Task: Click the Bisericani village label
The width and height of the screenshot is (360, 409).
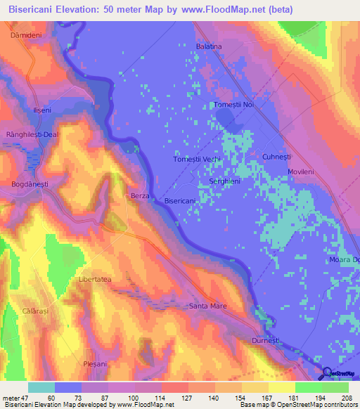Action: [179, 201]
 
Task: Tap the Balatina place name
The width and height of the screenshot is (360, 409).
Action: [209, 46]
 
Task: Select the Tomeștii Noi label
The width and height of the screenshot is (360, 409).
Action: [233, 105]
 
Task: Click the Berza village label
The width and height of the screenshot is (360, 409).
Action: [140, 196]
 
